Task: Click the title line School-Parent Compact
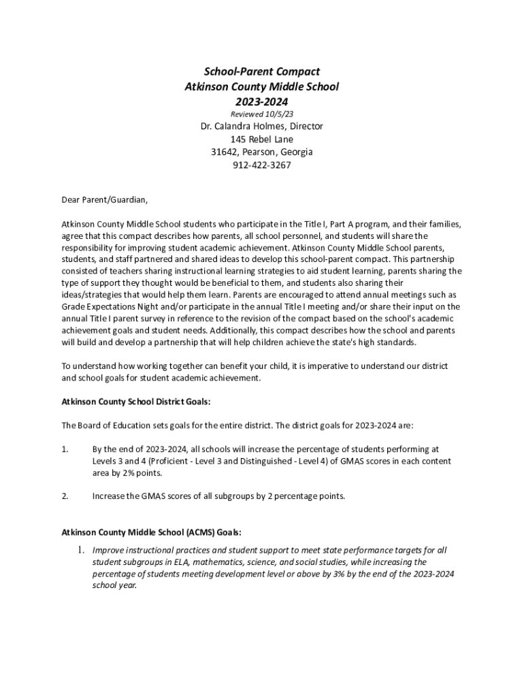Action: (x=262, y=71)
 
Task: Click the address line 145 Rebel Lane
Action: (x=262, y=139)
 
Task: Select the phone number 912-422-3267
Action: (x=262, y=165)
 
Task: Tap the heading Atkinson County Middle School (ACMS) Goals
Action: (x=151, y=532)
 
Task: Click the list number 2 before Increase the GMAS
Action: (x=65, y=496)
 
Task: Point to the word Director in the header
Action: (x=305, y=126)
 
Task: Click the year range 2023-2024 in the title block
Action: (x=262, y=101)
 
